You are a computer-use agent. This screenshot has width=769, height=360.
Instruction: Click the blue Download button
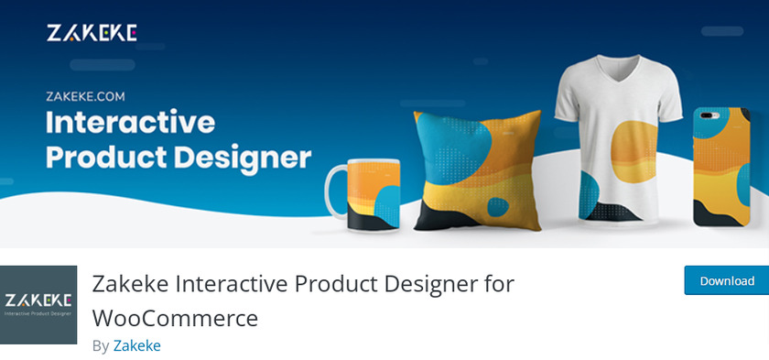pyautogui.click(x=726, y=280)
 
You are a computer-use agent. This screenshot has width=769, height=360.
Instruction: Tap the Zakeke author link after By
pyautogui.click(x=136, y=345)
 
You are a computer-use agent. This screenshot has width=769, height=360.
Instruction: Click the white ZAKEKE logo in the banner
pyautogui.click(x=92, y=33)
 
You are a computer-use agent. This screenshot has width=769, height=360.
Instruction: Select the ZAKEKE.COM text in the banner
pyautogui.click(x=85, y=96)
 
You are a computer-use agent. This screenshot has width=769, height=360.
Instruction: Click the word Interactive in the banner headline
pyautogui.click(x=130, y=123)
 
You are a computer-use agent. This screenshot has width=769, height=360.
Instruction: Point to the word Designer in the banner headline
pyautogui.click(x=243, y=158)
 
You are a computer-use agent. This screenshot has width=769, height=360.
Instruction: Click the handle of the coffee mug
pyautogui.click(x=335, y=191)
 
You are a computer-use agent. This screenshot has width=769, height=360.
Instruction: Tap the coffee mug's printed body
pyautogui.click(x=374, y=194)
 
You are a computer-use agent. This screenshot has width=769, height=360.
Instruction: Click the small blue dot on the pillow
pyautogui.click(x=498, y=207)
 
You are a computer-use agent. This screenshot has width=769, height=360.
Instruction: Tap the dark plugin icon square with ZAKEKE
pyautogui.click(x=38, y=304)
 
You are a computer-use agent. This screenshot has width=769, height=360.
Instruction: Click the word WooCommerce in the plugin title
pyautogui.click(x=175, y=318)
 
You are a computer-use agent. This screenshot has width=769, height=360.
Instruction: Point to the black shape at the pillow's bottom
pyautogui.click(x=443, y=217)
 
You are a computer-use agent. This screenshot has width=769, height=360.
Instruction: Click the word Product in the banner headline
pyautogui.click(x=106, y=157)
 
